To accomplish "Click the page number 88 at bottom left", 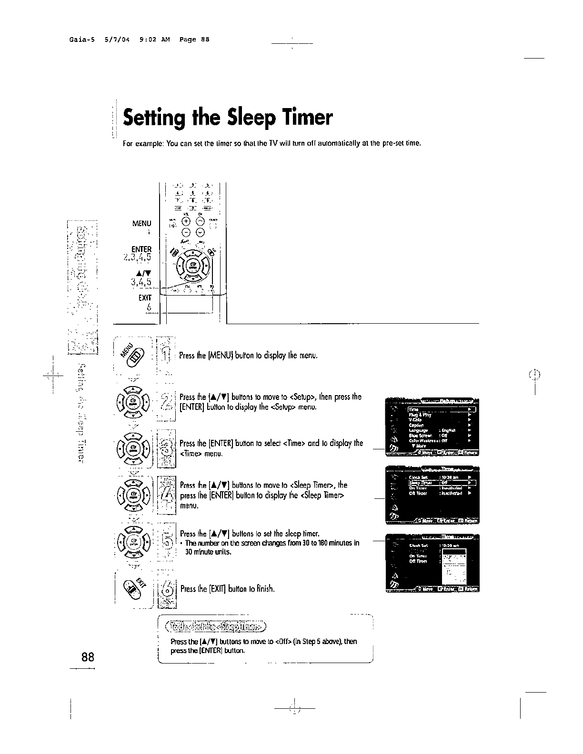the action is point(88,657).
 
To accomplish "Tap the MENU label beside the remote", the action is point(141,223).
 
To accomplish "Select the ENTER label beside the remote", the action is point(141,249).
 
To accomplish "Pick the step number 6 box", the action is point(167,589).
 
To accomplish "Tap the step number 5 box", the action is point(167,542).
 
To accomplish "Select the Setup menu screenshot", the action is point(432,426).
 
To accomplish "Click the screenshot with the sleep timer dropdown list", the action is point(432,563).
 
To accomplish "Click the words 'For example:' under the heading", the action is point(138,143).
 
